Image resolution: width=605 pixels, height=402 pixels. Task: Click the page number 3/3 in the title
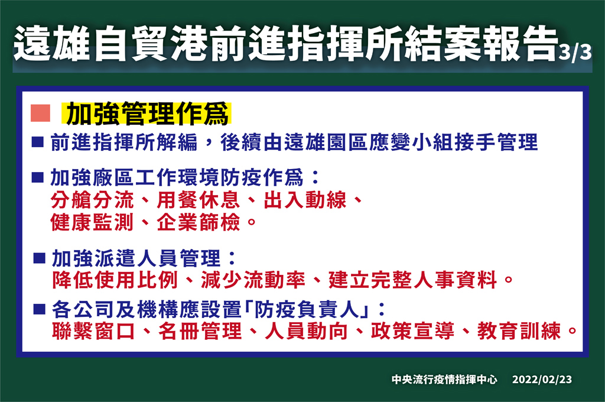point(575,52)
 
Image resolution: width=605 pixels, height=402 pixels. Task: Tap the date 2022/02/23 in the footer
point(542,379)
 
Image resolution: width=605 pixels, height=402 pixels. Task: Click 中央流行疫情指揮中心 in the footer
point(444,379)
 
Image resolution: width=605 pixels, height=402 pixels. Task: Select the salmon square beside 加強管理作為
point(41,113)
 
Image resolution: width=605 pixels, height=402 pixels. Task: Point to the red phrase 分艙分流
point(92,200)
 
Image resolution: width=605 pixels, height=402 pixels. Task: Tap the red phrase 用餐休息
point(199,200)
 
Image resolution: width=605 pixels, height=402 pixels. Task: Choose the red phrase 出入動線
point(305,200)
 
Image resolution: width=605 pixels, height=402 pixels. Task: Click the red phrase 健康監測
point(92,222)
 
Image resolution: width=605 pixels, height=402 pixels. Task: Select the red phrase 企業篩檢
point(199,222)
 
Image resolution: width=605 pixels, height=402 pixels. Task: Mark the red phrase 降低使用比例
point(115,280)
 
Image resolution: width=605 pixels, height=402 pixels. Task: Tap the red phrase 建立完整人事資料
point(413,280)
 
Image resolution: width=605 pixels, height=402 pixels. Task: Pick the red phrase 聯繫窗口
point(94,331)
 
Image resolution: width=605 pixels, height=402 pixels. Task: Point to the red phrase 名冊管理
point(200,331)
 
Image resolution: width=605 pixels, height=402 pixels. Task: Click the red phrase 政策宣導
point(412,331)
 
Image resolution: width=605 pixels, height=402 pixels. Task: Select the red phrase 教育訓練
point(519,331)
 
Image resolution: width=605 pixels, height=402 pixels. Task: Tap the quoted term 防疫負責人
point(307,310)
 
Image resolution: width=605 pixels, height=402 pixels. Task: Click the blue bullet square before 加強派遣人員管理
point(40,258)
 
